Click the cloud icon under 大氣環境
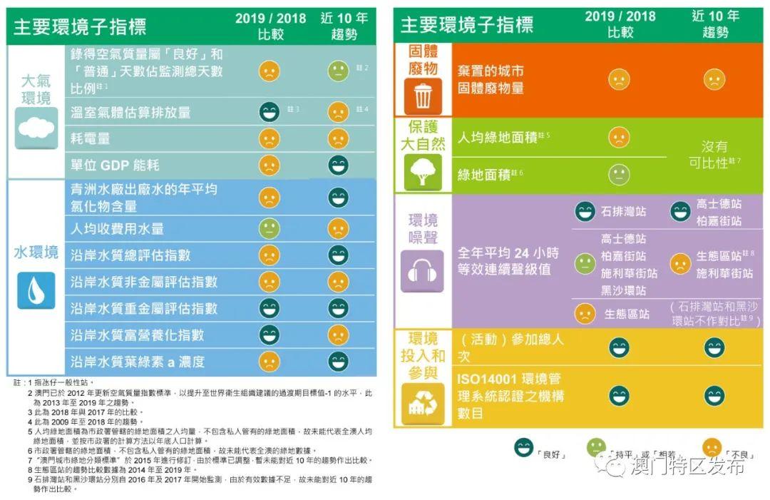pyautogui.click(x=36, y=128)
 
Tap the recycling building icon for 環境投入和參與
pyautogui.click(x=422, y=405)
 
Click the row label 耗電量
pyautogui.click(x=91, y=138)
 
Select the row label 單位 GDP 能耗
pyautogui.click(x=115, y=165)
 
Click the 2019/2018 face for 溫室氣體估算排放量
pyautogui.click(x=269, y=112)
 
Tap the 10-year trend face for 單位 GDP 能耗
pyautogui.click(x=338, y=165)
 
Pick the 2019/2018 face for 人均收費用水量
pyautogui.click(x=269, y=228)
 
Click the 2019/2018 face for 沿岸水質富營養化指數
pyautogui.click(x=269, y=334)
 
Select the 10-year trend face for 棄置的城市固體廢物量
pyautogui.click(x=714, y=79)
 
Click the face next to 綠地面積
pyautogui.click(x=619, y=175)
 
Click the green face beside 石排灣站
pyautogui.click(x=585, y=212)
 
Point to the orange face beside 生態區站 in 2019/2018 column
pyautogui.click(x=585, y=313)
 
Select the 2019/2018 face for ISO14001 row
pyautogui.click(x=619, y=394)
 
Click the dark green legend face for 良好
pyautogui.click(x=524, y=447)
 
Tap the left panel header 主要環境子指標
pyautogui.click(x=80, y=26)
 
